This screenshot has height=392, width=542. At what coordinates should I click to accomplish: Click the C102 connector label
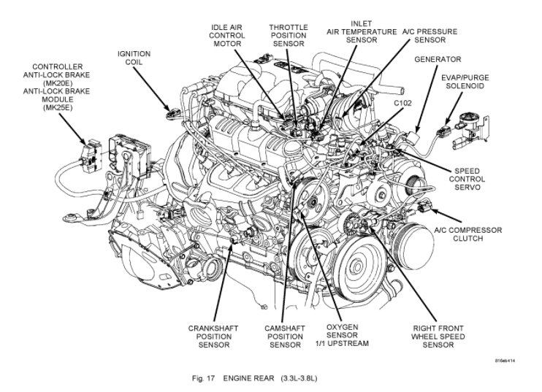click(403, 104)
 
